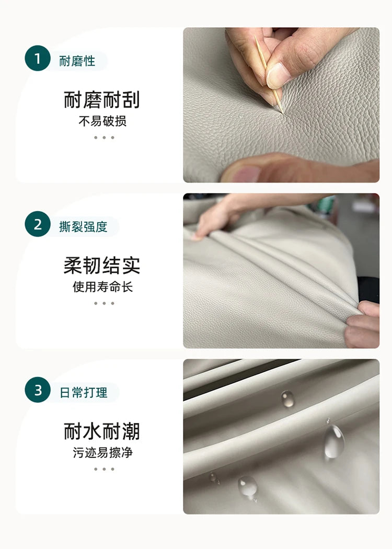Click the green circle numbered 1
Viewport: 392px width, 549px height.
pos(38,58)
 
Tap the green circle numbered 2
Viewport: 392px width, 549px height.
pos(38,224)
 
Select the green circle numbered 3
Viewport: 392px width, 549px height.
pos(38,390)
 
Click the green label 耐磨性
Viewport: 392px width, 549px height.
pos(77,61)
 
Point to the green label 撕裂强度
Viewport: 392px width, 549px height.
pos(83,227)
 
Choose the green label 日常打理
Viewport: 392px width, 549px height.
pos(83,393)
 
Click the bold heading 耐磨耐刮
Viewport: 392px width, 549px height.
pos(102,100)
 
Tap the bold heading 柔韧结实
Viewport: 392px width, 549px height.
pos(102,266)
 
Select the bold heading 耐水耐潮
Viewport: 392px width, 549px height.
pos(102,431)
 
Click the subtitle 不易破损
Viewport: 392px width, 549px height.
pos(102,121)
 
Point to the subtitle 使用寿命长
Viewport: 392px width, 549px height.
pos(102,287)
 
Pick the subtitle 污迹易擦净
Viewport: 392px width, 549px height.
pos(102,452)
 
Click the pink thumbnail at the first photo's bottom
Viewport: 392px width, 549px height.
pos(246,174)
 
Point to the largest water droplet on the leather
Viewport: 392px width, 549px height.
pos(334,441)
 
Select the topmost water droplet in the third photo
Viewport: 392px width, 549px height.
pos(287,399)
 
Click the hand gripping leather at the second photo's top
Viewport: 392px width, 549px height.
pos(224,215)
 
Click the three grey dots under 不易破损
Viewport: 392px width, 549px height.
pos(104,138)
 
